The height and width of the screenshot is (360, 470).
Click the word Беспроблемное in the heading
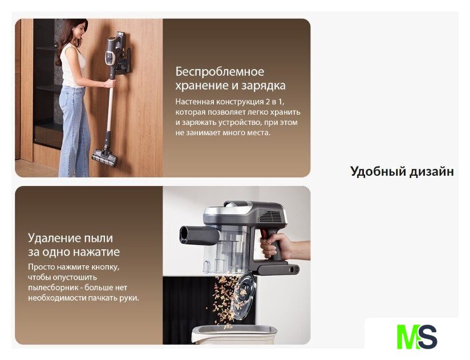220,72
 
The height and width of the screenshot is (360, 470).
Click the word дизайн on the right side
434,172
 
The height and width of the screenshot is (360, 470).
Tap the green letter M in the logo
408,337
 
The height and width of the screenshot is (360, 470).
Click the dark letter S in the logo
427,337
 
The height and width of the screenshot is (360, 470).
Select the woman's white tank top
72,66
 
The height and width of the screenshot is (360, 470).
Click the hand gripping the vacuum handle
274,246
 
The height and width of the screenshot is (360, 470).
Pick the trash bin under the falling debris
234,334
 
